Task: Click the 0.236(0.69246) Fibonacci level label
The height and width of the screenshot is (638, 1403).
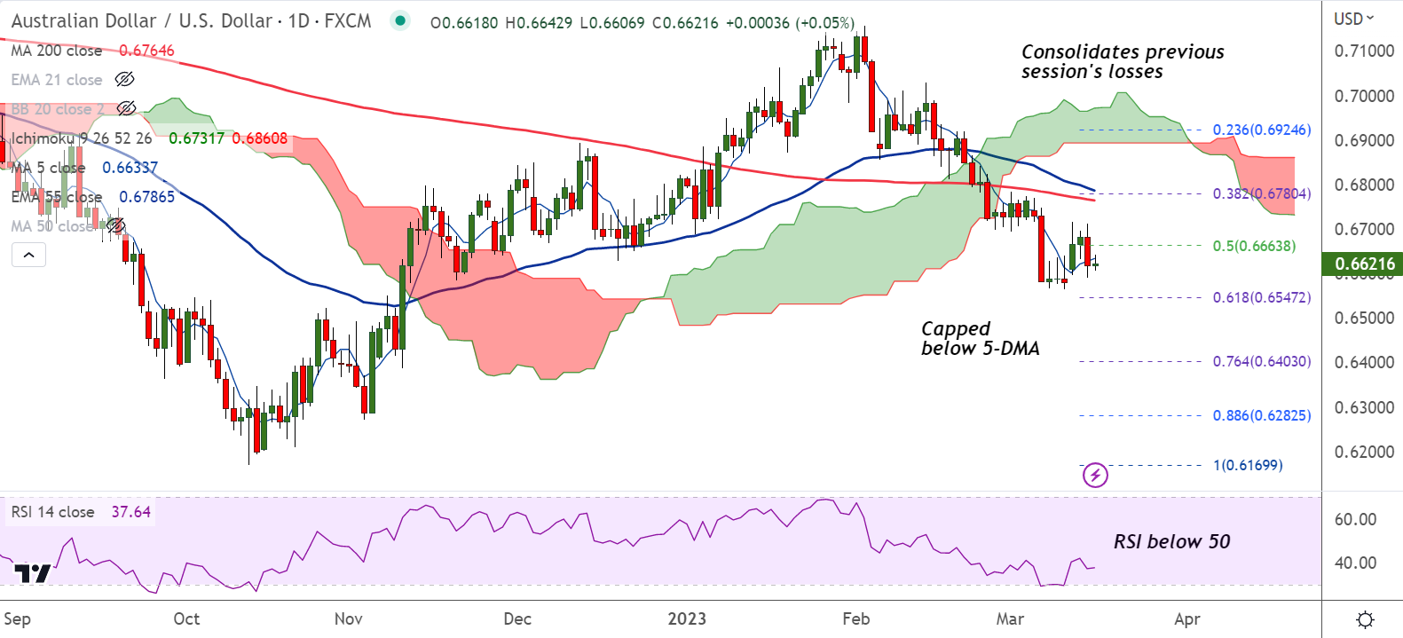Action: (1261, 130)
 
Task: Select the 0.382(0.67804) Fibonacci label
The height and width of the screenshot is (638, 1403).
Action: (1261, 193)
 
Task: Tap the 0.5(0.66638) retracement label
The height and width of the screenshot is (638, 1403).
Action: (1254, 246)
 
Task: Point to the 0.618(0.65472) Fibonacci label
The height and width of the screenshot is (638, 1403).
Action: (1261, 297)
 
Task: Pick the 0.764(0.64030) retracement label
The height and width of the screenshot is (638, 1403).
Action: (1261, 361)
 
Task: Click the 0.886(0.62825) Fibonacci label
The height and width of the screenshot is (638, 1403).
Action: (1261, 415)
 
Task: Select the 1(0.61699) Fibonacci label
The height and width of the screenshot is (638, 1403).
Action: (1248, 465)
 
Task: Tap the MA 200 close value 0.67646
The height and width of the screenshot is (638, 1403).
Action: (146, 51)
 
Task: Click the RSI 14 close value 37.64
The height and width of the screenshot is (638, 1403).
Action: (130, 512)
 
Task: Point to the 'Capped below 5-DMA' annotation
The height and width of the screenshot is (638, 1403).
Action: (980, 338)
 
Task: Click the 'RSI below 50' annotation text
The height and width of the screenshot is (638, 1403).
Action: (1171, 541)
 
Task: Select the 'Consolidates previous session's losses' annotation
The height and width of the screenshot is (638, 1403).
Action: (1122, 61)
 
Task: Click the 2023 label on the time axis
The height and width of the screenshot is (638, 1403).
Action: (687, 618)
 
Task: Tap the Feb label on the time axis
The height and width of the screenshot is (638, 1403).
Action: (855, 618)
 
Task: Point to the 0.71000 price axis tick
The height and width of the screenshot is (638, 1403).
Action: (1364, 51)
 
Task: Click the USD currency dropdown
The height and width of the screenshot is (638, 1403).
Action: (1353, 19)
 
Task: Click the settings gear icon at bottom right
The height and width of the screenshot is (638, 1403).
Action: (1366, 618)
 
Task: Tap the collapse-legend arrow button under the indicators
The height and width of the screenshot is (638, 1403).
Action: (28, 256)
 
